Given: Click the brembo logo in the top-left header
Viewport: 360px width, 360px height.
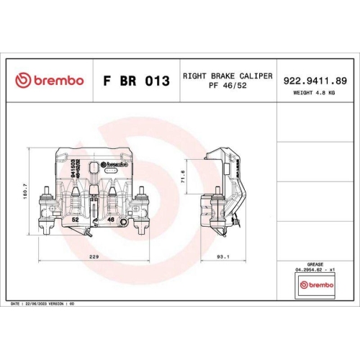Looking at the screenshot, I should click(50, 80).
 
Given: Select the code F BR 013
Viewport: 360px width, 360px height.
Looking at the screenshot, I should click(136, 81).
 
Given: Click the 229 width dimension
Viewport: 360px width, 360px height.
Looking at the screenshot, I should click(95, 256).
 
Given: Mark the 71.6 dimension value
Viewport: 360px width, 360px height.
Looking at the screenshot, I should click(184, 177).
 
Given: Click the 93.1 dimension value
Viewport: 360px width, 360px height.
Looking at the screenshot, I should click(222, 256).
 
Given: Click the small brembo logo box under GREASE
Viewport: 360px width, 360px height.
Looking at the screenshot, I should click(315, 286).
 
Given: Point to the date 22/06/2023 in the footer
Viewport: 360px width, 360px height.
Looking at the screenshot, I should click(37, 305).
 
